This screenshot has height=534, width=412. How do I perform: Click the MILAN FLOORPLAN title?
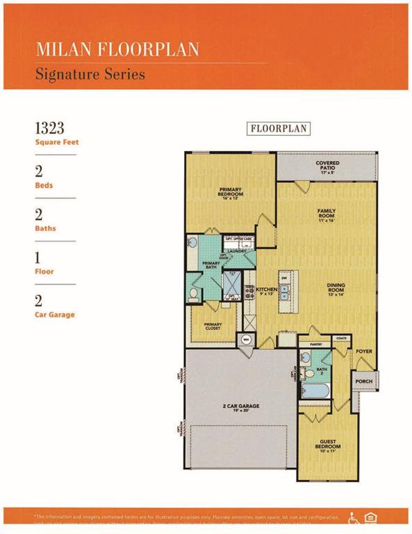tap(117, 49)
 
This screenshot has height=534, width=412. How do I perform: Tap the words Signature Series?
tap(90, 74)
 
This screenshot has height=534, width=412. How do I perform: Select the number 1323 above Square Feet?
tap(50, 128)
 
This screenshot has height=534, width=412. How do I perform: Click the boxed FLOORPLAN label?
tap(278, 129)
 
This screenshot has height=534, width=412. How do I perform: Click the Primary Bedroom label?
tap(230, 192)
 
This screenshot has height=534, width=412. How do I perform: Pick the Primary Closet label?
tap(213, 326)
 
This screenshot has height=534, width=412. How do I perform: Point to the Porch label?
tap(364, 381)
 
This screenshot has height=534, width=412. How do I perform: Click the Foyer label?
tap(364, 351)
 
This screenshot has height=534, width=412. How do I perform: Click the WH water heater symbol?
tap(246, 339)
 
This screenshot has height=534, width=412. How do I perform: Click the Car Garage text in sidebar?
tap(55, 315)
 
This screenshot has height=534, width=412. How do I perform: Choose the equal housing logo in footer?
tap(370, 518)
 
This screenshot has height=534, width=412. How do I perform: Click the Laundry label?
tap(237, 251)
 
